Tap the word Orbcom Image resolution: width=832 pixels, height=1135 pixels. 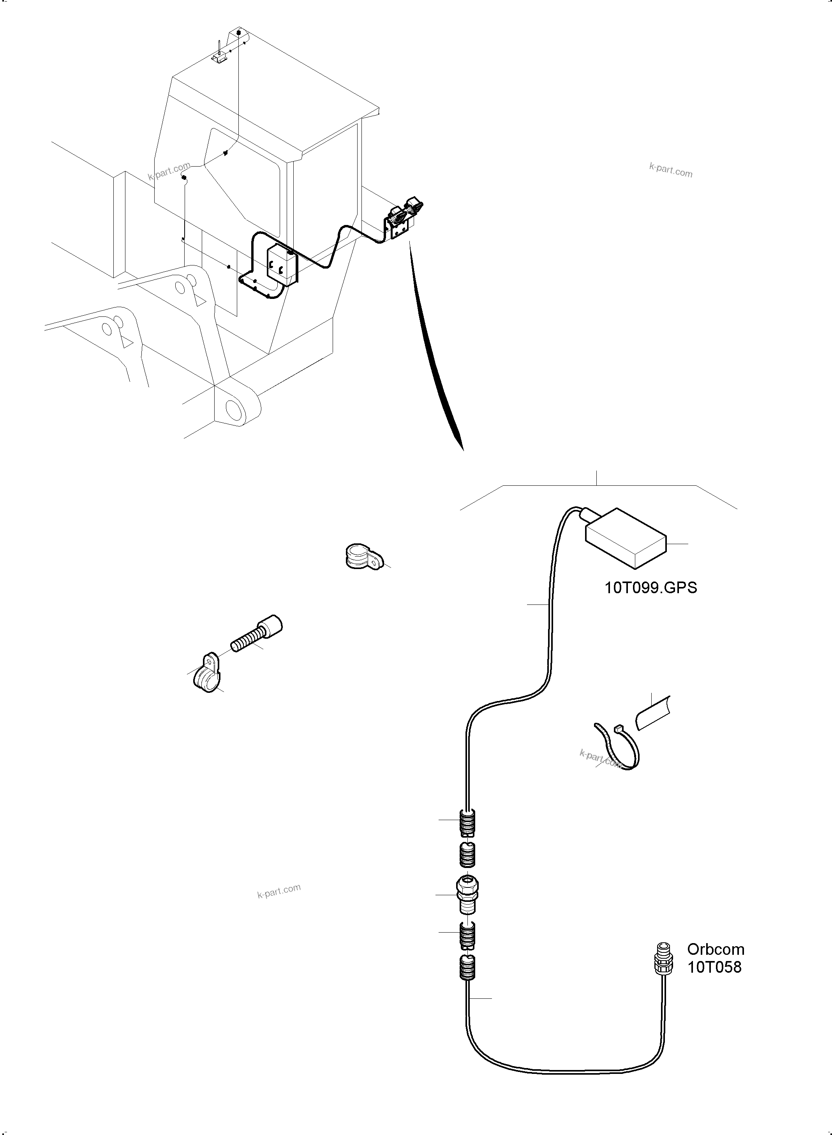pyautogui.click(x=715, y=949)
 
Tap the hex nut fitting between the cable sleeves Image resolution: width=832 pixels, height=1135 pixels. pyautogui.click(x=467, y=895)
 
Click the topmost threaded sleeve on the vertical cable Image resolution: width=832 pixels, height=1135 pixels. pyautogui.click(x=468, y=821)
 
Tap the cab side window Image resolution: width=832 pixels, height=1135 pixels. pyautogui.click(x=244, y=174)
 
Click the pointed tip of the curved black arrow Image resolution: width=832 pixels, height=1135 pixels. pyautogui.click(x=463, y=450)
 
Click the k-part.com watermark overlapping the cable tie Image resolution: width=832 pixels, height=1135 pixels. pyautogui.click(x=599, y=757)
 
